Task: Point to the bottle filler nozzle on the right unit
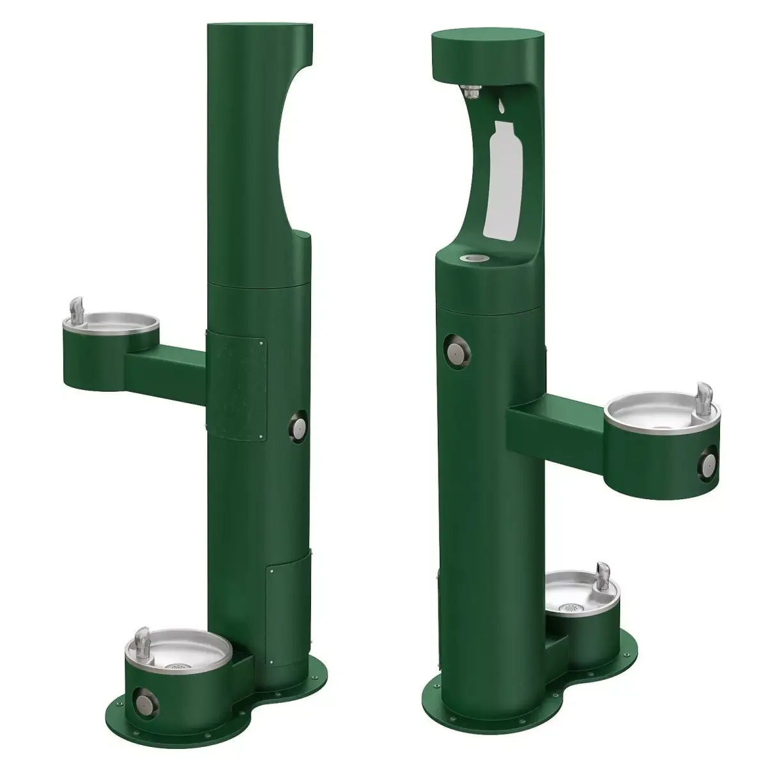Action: point(470,93)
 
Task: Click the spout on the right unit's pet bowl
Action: point(602,572)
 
